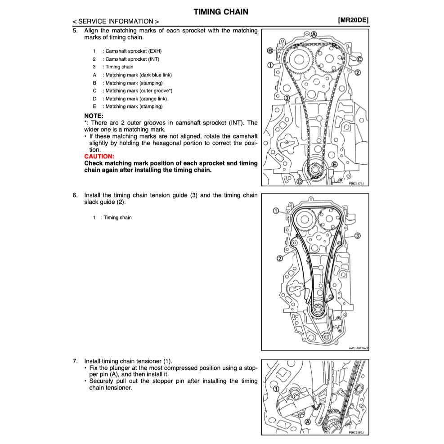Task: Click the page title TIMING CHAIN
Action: pyautogui.click(x=220, y=12)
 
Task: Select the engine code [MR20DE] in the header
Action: pyautogui.click(x=353, y=21)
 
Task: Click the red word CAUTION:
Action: pyautogui.click(x=99, y=156)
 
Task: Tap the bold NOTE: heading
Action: pyautogui.click(x=94, y=116)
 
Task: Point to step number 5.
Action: pyautogui.click(x=75, y=31)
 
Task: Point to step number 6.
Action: pyautogui.click(x=75, y=195)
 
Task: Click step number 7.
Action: pyautogui.click(x=75, y=361)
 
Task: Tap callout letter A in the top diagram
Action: pyautogui.click(x=314, y=34)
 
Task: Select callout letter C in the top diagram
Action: pyautogui.click(x=359, y=59)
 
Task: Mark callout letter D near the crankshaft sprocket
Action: pyautogui.click(x=300, y=181)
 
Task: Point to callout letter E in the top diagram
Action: pyautogui.click(x=334, y=164)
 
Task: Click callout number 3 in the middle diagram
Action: pyautogui.click(x=358, y=235)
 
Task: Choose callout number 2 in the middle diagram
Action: pyautogui.click(x=279, y=258)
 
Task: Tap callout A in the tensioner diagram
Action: pyautogui.click(x=308, y=422)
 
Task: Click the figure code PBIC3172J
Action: pyautogui.click(x=356, y=183)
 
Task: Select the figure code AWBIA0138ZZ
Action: pyautogui.click(x=358, y=348)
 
